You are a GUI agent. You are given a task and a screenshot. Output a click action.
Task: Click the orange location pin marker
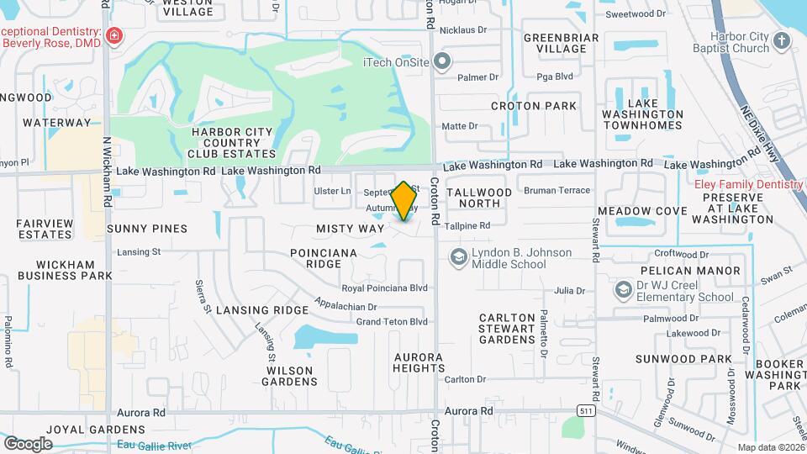click(404, 200)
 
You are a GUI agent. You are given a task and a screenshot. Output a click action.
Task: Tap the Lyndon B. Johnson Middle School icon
click(459, 256)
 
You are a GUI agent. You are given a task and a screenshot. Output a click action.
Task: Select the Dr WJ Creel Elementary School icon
click(623, 290)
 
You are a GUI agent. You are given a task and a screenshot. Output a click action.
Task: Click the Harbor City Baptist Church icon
click(781, 41)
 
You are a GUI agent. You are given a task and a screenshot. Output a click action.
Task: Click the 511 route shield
click(584, 409)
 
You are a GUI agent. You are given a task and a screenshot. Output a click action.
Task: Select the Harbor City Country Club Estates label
click(232, 143)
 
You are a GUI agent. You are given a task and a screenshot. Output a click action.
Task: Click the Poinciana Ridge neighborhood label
click(324, 258)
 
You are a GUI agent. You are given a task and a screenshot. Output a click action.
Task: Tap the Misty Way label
click(350, 229)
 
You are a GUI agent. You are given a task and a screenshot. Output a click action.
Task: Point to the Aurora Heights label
click(419, 362)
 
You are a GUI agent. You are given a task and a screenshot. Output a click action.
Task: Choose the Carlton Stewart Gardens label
click(507, 329)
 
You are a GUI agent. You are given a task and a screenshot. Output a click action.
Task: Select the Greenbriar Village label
click(561, 43)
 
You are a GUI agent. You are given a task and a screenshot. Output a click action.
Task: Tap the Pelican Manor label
click(690, 271)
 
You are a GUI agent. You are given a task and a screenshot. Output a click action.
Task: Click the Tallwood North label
click(479, 198)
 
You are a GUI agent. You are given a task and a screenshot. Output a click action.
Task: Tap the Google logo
click(28, 442)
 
